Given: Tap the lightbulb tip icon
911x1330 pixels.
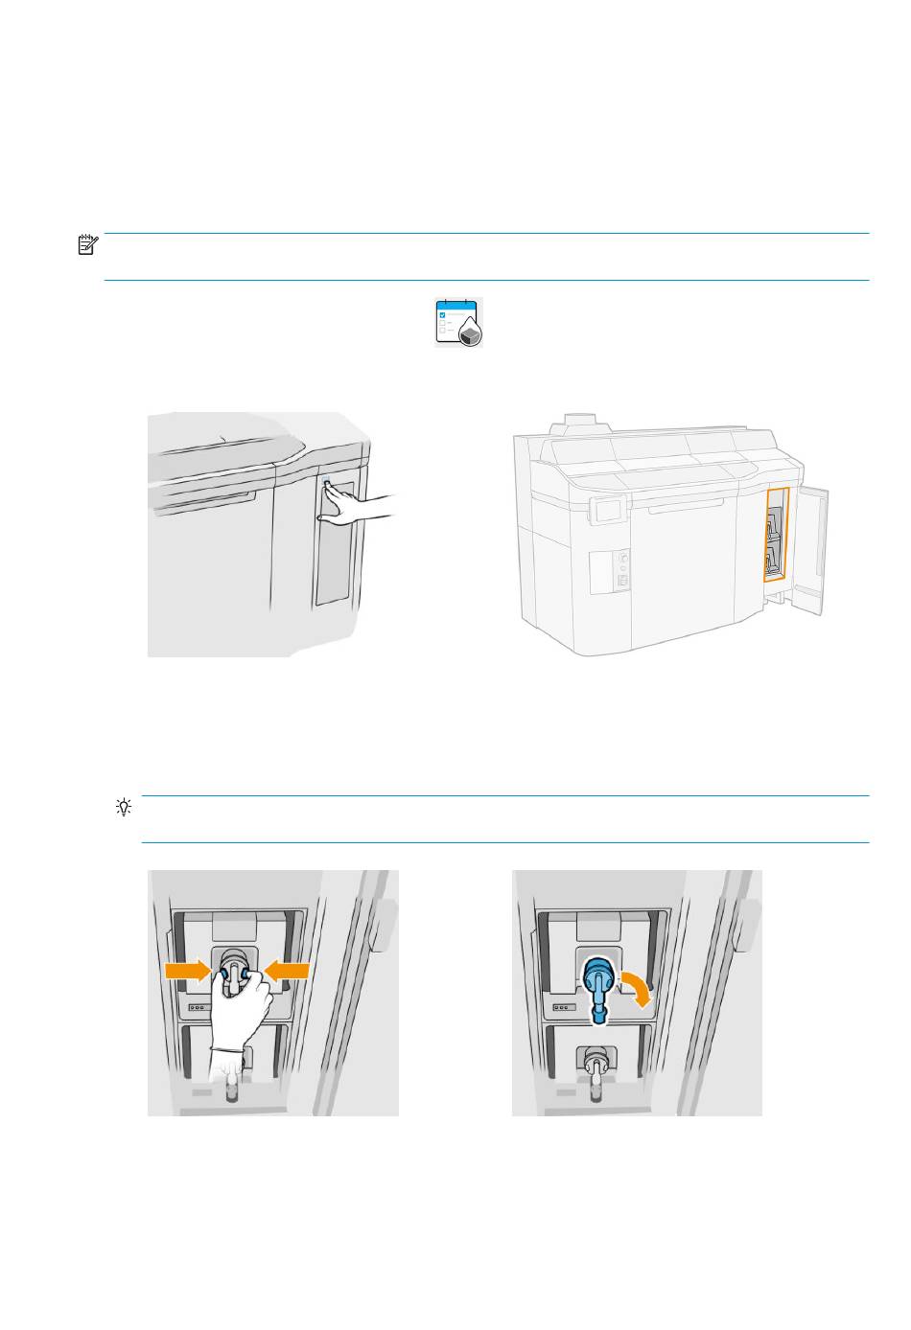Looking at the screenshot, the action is [123, 807].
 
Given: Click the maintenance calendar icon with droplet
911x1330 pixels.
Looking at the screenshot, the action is [459, 322].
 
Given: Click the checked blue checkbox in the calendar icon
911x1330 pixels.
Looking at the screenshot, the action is [441, 314].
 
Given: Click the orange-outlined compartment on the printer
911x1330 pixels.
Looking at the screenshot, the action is [776, 534].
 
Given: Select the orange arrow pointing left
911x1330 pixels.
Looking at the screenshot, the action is [287, 972].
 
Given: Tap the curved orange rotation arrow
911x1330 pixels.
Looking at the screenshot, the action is [637, 986].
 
